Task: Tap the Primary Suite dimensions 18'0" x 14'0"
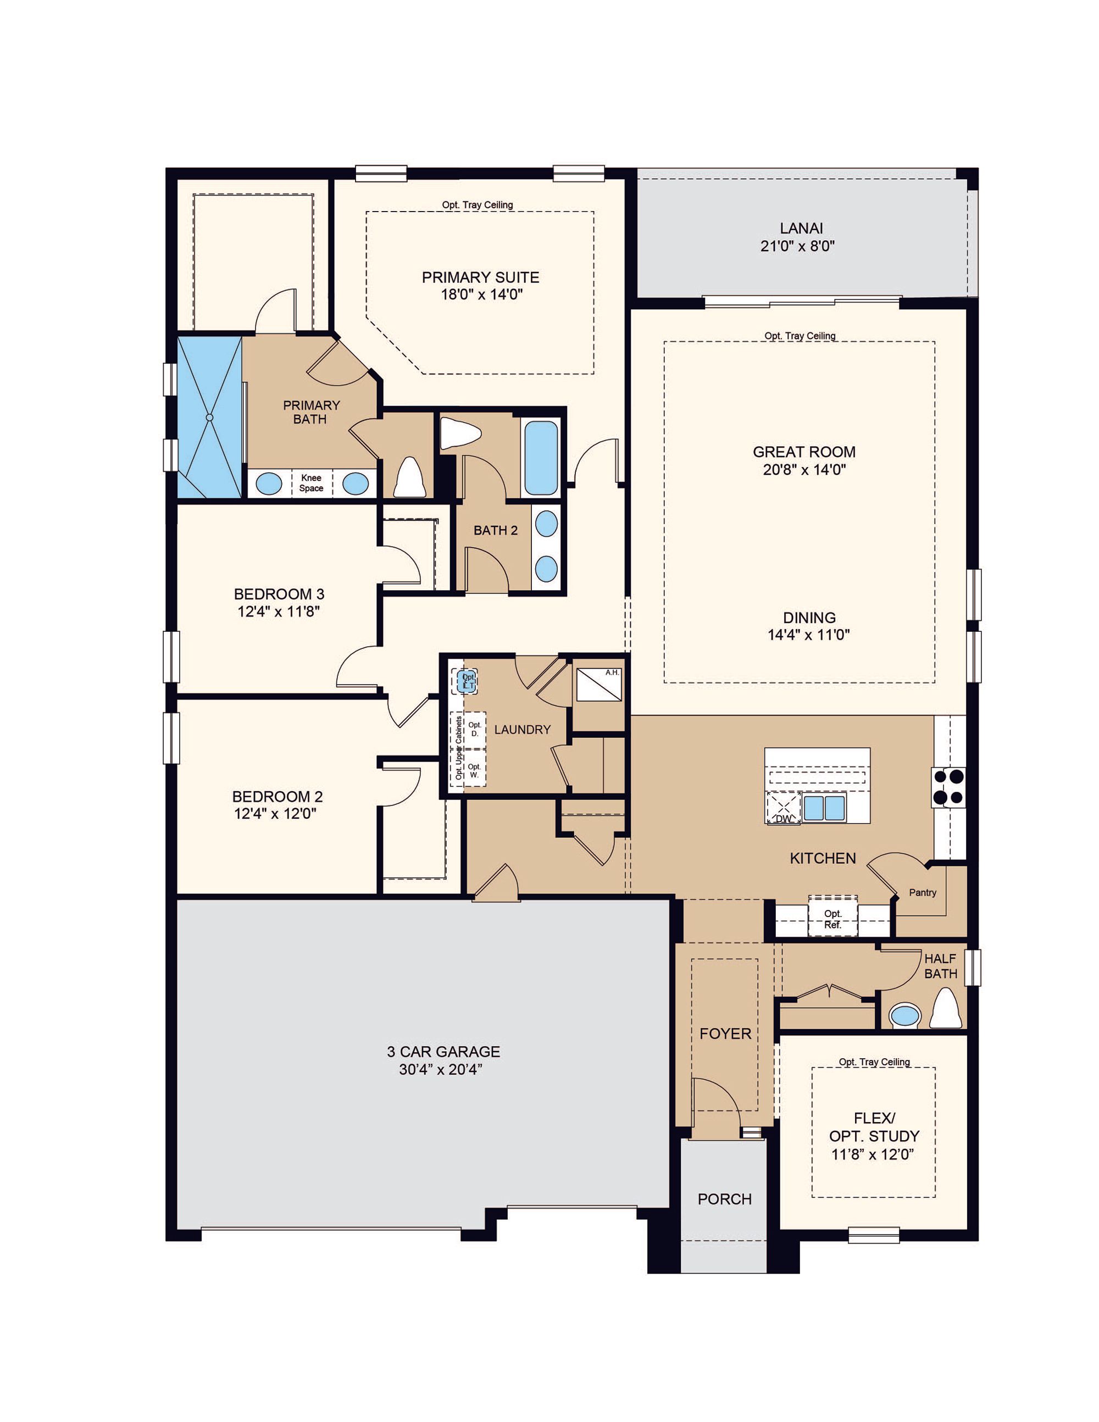point(482,295)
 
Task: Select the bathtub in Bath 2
point(541,458)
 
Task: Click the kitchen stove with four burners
point(949,788)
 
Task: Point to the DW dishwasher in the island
point(784,808)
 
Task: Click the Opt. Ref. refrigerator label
point(832,919)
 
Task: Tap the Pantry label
point(923,893)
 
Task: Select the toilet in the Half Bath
point(946,1009)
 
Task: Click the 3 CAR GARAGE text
point(443,1052)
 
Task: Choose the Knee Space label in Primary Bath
point(311,483)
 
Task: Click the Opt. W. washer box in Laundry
point(474,770)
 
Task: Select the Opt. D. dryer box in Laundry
point(475,729)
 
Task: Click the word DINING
point(809,617)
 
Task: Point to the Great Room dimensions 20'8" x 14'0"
point(804,469)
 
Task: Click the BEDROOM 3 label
point(279,594)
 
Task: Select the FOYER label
point(725,1034)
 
